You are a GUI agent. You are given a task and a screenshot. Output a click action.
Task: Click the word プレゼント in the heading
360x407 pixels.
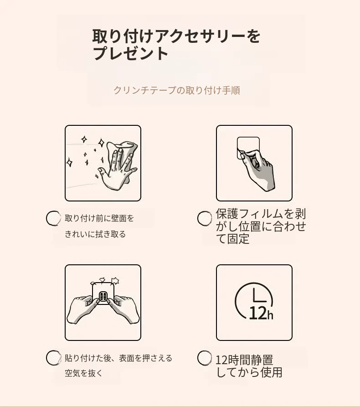(x=130, y=54)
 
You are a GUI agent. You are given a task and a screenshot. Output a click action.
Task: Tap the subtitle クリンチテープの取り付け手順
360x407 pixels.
(x=176, y=90)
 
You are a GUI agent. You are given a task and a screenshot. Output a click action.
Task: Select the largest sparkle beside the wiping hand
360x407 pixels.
(x=101, y=143)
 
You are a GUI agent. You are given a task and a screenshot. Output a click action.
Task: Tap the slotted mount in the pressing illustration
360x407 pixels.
(x=103, y=295)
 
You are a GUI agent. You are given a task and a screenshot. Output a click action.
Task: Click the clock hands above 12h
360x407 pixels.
(x=259, y=296)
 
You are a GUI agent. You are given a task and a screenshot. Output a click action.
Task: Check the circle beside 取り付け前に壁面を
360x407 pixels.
(x=53, y=218)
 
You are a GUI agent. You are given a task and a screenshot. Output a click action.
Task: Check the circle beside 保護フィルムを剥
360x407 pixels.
(x=205, y=218)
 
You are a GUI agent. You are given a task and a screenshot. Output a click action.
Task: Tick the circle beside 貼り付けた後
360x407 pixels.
(x=53, y=358)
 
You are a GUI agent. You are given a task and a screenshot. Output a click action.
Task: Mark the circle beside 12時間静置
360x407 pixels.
(x=205, y=358)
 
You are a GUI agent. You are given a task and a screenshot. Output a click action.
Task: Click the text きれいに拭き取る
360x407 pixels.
(x=95, y=234)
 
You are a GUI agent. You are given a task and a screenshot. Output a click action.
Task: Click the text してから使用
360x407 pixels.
(x=249, y=372)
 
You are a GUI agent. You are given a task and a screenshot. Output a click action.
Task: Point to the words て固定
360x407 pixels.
(x=233, y=239)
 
